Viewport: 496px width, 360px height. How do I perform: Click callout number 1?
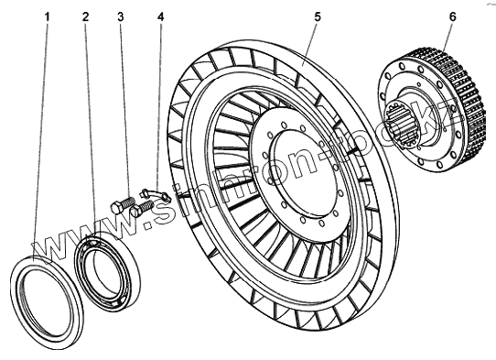48,16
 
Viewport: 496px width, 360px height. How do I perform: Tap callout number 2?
86,16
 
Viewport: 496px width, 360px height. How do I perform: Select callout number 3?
121,16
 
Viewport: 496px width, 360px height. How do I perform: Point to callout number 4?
161,16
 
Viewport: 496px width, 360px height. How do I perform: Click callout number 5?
318,16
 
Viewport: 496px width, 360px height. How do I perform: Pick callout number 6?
453,16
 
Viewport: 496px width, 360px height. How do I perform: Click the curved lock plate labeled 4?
156,194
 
